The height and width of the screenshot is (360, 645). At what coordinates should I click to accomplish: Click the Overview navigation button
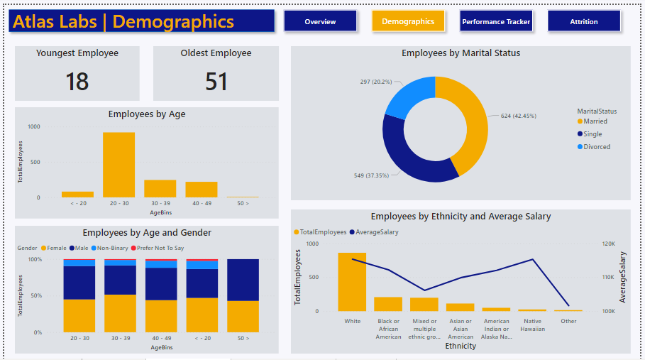(x=320, y=21)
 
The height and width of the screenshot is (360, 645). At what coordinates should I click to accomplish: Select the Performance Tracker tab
(x=496, y=21)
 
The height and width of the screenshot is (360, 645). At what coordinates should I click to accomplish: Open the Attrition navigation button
(x=583, y=21)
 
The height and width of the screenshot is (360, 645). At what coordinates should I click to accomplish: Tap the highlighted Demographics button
(x=408, y=21)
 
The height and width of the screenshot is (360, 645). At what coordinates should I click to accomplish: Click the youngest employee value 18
(x=77, y=82)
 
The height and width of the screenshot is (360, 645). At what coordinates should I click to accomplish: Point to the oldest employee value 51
(x=216, y=82)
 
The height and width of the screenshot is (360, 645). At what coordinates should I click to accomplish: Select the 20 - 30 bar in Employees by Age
(x=118, y=165)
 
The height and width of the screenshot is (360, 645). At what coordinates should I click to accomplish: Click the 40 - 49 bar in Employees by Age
(x=202, y=189)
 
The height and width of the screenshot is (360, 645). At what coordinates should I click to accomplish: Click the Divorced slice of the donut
(x=407, y=97)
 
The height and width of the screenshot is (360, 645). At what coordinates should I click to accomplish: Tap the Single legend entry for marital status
(x=592, y=134)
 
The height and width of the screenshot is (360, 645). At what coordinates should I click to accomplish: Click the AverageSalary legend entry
(x=377, y=232)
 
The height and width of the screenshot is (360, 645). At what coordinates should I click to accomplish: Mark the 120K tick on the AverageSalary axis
(x=608, y=244)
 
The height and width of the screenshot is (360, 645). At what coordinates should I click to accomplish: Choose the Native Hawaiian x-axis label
(x=532, y=325)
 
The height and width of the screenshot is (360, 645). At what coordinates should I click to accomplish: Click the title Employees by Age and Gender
(x=147, y=232)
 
